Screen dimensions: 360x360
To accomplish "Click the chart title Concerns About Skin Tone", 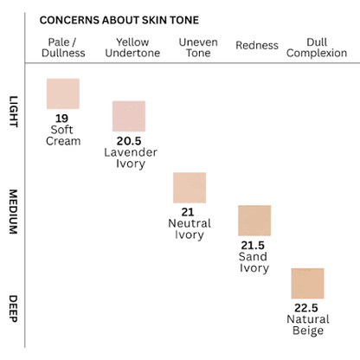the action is pyautogui.click(x=119, y=20).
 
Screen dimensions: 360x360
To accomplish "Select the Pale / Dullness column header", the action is pyautogui.click(x=63, y=48).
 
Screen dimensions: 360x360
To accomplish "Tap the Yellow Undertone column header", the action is pyautogui.click(x=132, y=48).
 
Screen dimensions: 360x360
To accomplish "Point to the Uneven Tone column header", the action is pyautogui.click(x=198, y=48).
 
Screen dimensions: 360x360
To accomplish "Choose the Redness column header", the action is pyautogui.click(x=257, y=45).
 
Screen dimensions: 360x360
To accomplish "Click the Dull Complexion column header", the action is pyautogui.click(x=317, y=48).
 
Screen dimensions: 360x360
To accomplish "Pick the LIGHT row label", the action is pyautogui.click(x=14, y=112).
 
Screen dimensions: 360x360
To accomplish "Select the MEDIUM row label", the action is pyautogui.click(x=14, y=212).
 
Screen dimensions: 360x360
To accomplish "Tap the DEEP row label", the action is pyautogui.click(x=14, y=309).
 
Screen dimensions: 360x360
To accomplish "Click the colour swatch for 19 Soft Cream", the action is pyautogui.click(x=63, y=93).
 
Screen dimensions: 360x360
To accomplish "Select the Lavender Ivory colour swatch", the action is pyautogui.click(x=129, y=116).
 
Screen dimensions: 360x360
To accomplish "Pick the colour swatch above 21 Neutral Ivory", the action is pyautogui.click(x=190, y=188).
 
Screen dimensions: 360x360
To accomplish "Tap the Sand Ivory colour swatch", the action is pyautogui.click(x=254, y=221).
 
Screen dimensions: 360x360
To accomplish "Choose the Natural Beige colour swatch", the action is pyautogui.click(x=307, y=283).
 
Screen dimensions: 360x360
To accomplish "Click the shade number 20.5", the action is pyautogui.click(x=129, y=141).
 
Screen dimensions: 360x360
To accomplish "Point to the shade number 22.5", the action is pyautogui.click(x=306, y=308).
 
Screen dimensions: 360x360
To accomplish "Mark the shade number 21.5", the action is pyautogui.click(x=253, y=246).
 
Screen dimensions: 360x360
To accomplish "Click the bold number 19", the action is pyautogui.click(x=61, y=119).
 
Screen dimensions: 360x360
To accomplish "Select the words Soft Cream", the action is pyautogui.click(x=63, y=135).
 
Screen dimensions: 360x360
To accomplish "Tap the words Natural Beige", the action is pyautogui.click(x=308, y=325).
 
